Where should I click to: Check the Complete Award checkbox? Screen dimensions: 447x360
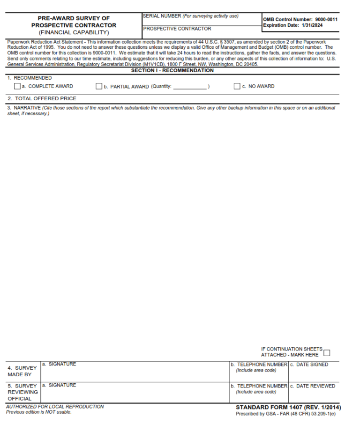click(x=17, y=86)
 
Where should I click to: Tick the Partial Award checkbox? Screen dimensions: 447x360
click(x=99, y=86)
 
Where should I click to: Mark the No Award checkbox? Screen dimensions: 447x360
click(x=237, y=86)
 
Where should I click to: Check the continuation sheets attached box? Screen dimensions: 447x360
click(x=327, y=353)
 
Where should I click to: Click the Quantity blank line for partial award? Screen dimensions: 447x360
click(x=190, y=87)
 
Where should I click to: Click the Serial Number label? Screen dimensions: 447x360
click(x=191, y=16)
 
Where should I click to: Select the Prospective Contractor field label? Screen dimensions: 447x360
click(x=177, y=29)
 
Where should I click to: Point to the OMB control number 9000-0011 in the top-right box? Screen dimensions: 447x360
click(x=326, y=19)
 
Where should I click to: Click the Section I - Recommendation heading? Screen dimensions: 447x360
click(x=172, y=71)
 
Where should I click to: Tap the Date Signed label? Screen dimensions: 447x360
click(x=312, y=365)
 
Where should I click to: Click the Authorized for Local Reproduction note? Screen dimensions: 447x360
click(x=55, y=407)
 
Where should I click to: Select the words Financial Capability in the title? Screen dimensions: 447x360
click(x=74, y=32)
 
